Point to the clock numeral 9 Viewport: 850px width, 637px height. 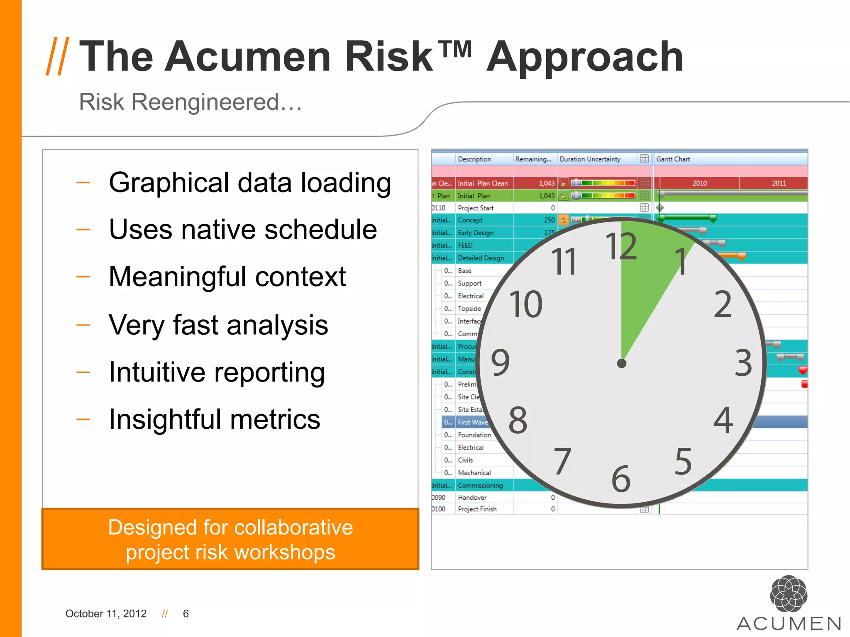500,362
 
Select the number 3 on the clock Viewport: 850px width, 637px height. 743,363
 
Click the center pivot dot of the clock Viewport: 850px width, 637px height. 621,364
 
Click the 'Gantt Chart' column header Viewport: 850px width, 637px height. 673,159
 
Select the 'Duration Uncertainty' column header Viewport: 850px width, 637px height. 590,159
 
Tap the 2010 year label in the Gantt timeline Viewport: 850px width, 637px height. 699,183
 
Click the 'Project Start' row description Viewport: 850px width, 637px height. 476,208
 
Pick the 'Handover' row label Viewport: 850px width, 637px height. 472,498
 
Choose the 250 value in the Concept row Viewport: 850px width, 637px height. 549,220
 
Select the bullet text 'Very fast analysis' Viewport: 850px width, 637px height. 218,325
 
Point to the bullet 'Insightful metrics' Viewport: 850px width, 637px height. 214,419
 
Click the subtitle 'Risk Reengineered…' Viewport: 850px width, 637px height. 191,102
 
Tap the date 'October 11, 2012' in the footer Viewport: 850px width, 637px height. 106,614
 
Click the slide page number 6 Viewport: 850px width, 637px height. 186,614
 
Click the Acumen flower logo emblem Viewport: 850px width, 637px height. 789,593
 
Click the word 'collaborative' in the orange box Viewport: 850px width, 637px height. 293,528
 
